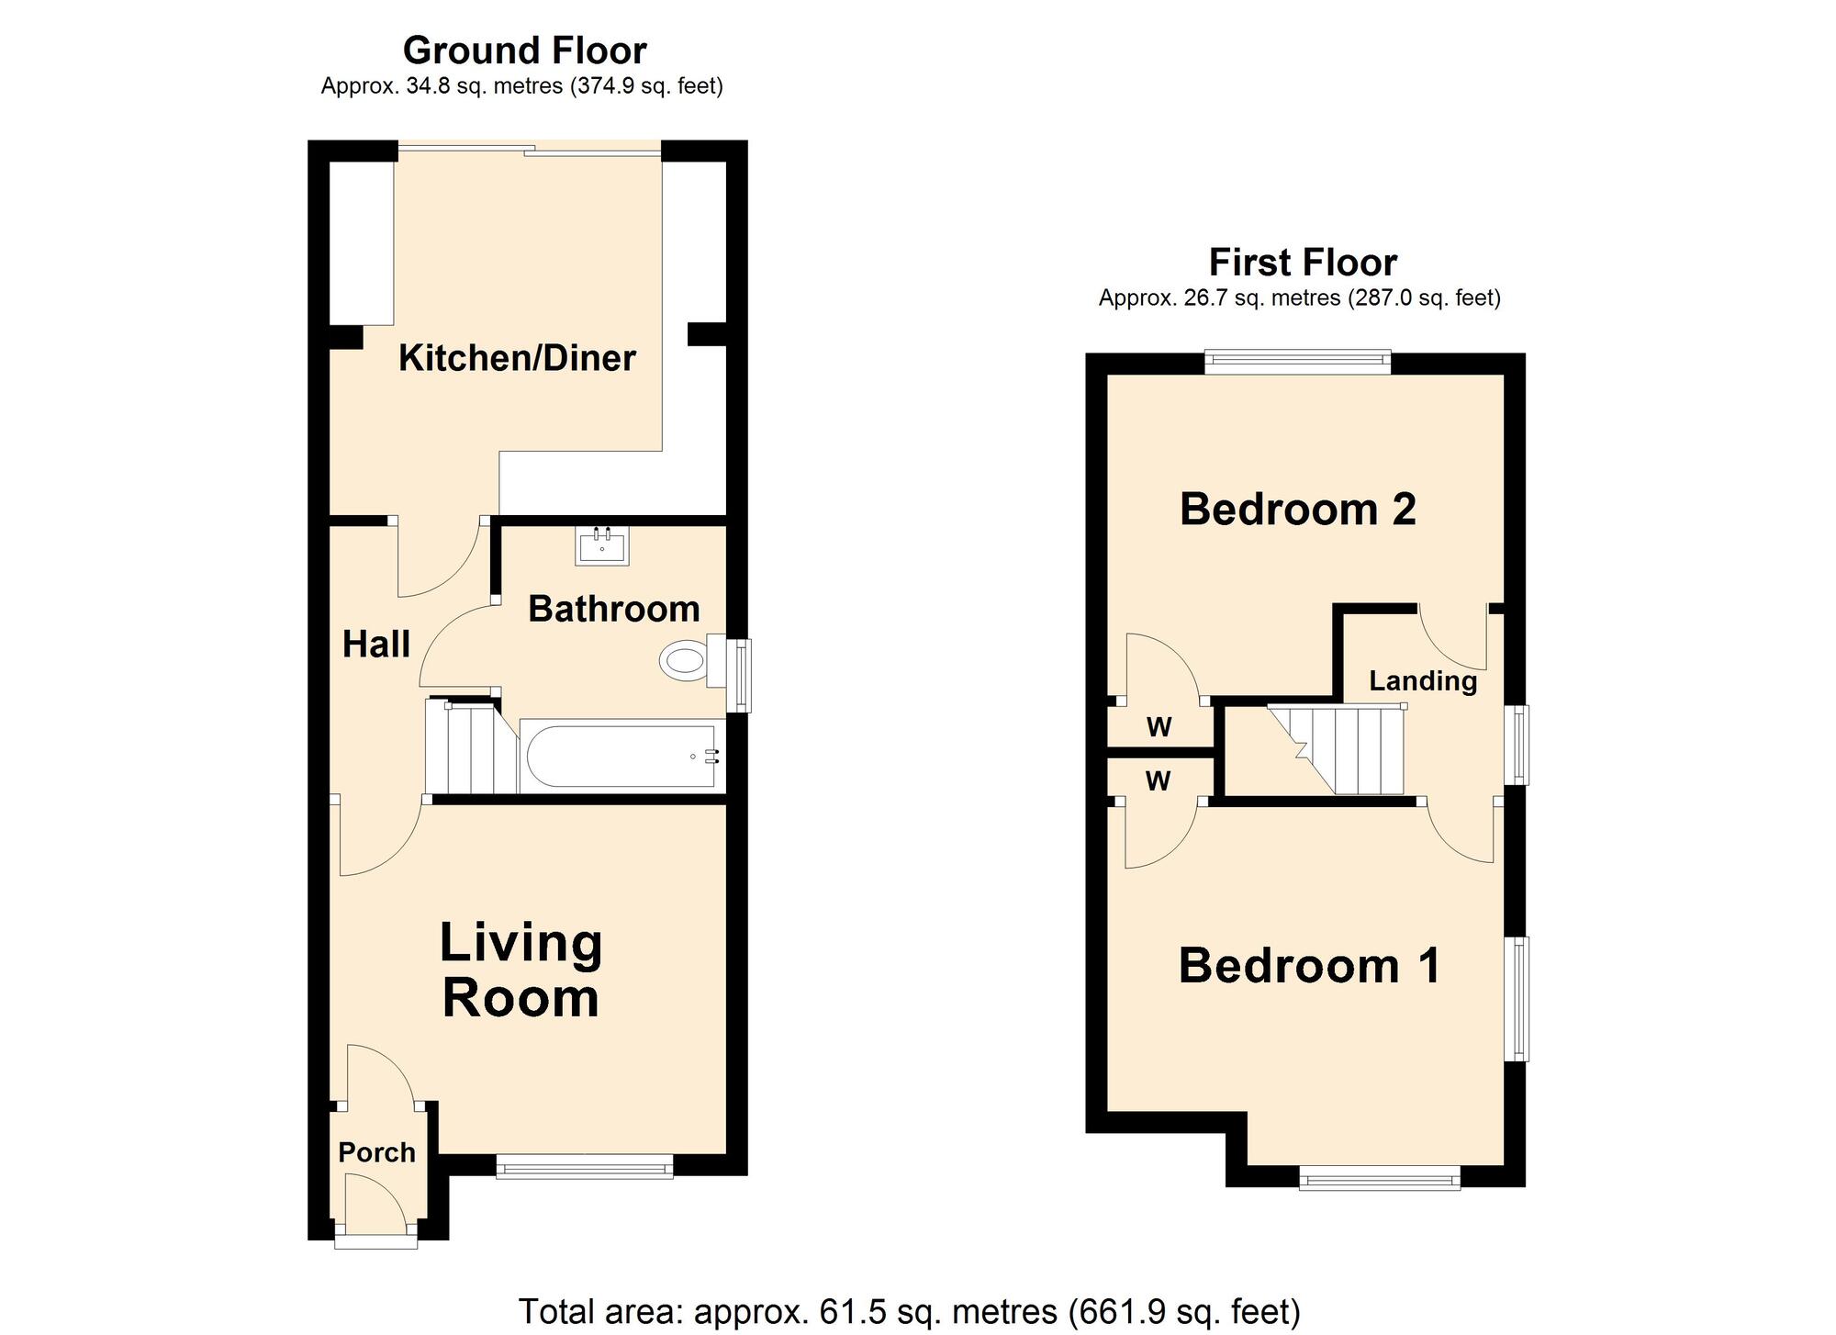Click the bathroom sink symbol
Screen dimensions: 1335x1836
(602, 545)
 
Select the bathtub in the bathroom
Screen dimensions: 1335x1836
(621, 757)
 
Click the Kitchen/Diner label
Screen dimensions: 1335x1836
(517, 358)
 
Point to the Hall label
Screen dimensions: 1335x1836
(375, 645)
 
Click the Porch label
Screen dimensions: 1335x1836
(376, 1152)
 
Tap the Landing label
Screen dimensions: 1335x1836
(1423, 680)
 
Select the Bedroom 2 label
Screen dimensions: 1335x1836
(1297, 509)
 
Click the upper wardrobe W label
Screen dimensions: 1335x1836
(1159, 728)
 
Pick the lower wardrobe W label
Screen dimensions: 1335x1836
(1158, 781)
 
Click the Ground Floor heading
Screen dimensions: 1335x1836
(524, 50)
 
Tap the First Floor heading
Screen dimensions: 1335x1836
(1302, 263)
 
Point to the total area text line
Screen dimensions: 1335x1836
(909, 1311)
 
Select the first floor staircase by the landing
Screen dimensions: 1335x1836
(1340, 749)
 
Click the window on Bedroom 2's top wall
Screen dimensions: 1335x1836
(1297, 362)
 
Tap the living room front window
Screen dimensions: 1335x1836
(584, 1167)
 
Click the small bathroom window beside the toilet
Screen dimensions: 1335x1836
(740, 675)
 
